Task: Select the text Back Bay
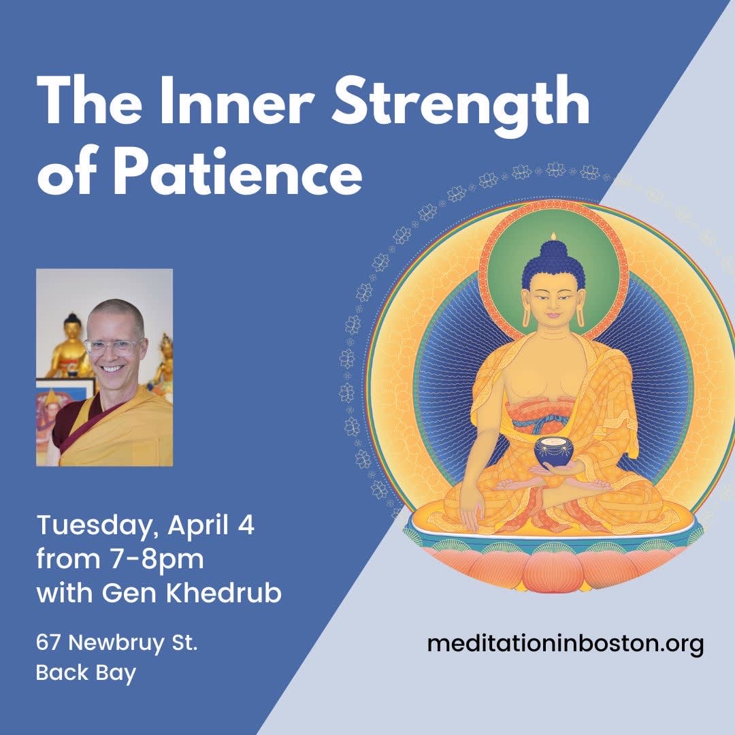click(x=86, y=673)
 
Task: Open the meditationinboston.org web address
click(x=565, y=643)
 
